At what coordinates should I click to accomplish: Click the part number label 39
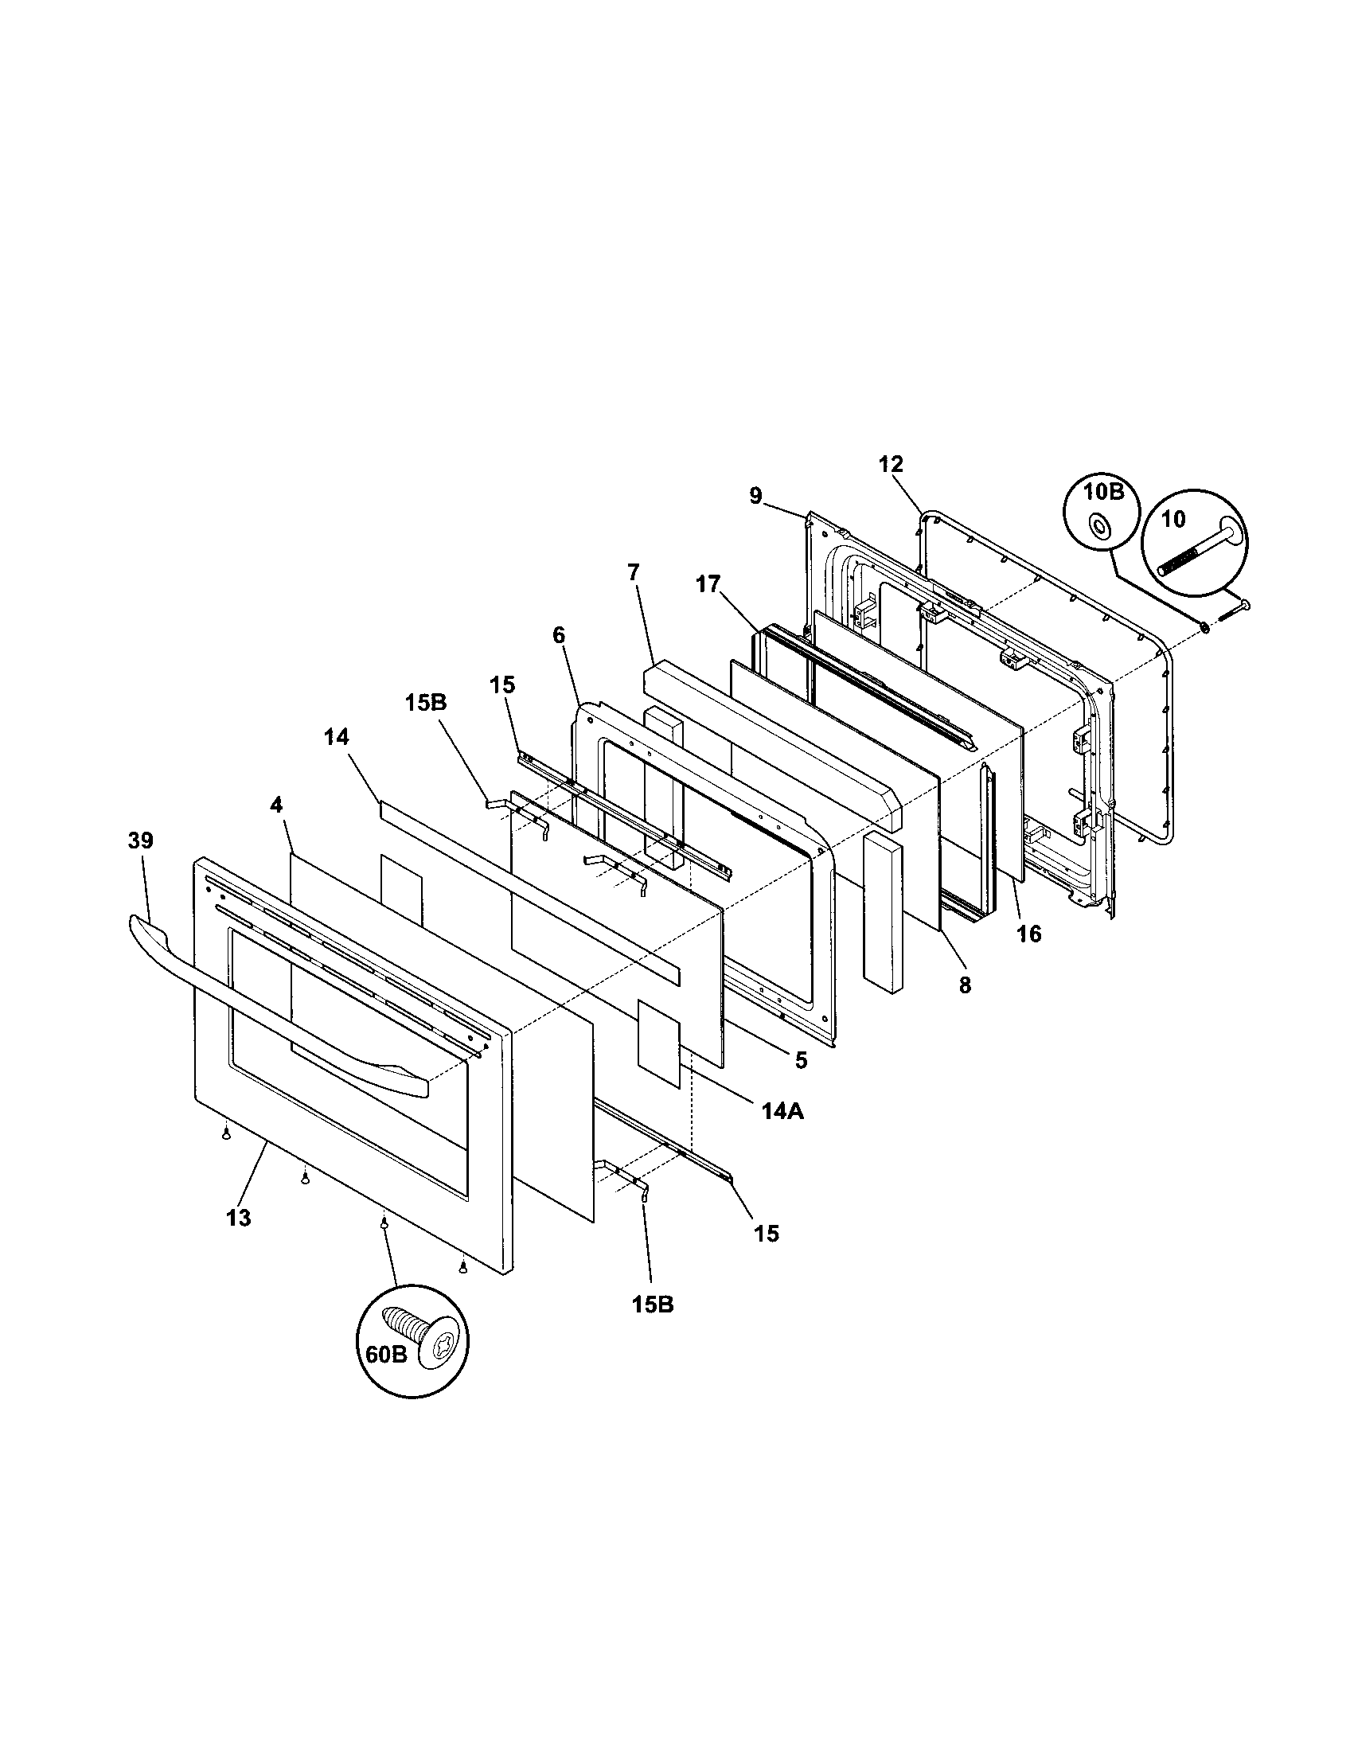[139, 841]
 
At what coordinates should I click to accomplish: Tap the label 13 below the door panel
[239, 1218]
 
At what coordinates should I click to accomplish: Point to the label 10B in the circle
[1104, 492]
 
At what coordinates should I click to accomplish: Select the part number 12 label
[890, 464]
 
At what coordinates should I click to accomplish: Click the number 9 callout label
[755, 497]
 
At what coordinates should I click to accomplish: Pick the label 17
[708, 583]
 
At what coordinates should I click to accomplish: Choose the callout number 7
[634, 572]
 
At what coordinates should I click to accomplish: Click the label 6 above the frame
[558, 635]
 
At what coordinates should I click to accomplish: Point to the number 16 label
[1028, 934]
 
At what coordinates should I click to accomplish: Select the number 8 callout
[965, 985]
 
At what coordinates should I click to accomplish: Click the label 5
[801, 1060]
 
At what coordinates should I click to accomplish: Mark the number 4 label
[275, 805]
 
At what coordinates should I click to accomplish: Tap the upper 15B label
[426, 702]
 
